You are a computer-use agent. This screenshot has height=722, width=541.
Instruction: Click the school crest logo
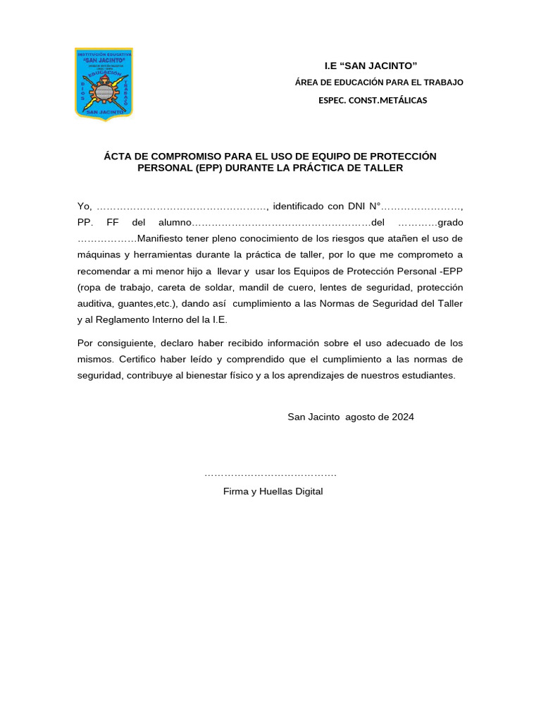pos(104,84)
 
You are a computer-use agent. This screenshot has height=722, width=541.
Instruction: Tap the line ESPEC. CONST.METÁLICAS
pos(373,100)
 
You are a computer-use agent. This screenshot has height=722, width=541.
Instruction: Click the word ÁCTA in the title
pos(118,156)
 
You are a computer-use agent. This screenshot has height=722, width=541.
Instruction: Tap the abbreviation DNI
pos(358,207)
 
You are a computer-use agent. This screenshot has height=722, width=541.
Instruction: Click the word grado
pos(450,222)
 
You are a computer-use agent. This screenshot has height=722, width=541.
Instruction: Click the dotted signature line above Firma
pos(270,475)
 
